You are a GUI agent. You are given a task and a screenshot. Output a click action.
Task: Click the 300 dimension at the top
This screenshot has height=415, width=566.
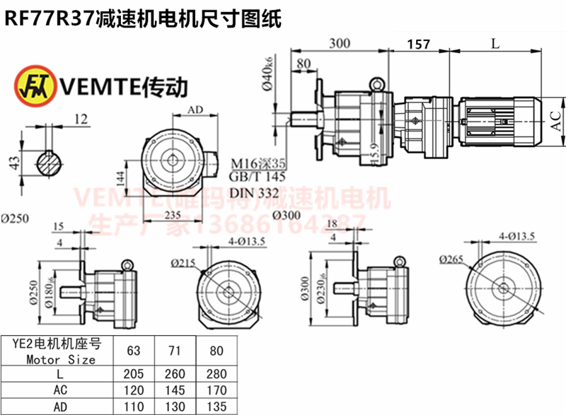point(340,44)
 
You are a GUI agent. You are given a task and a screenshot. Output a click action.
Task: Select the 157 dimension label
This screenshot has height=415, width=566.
point(419,45)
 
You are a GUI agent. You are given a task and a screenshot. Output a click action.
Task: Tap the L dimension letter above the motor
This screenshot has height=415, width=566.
point(495,44)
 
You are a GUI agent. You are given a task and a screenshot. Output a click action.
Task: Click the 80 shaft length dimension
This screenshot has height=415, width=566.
point(305,64)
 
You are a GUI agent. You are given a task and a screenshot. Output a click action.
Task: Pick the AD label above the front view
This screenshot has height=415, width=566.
point(196,110)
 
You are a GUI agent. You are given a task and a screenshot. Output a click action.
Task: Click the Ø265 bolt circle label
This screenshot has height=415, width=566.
point(451,259)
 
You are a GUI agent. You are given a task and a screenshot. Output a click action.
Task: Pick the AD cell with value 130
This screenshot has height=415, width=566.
point(174,407)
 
